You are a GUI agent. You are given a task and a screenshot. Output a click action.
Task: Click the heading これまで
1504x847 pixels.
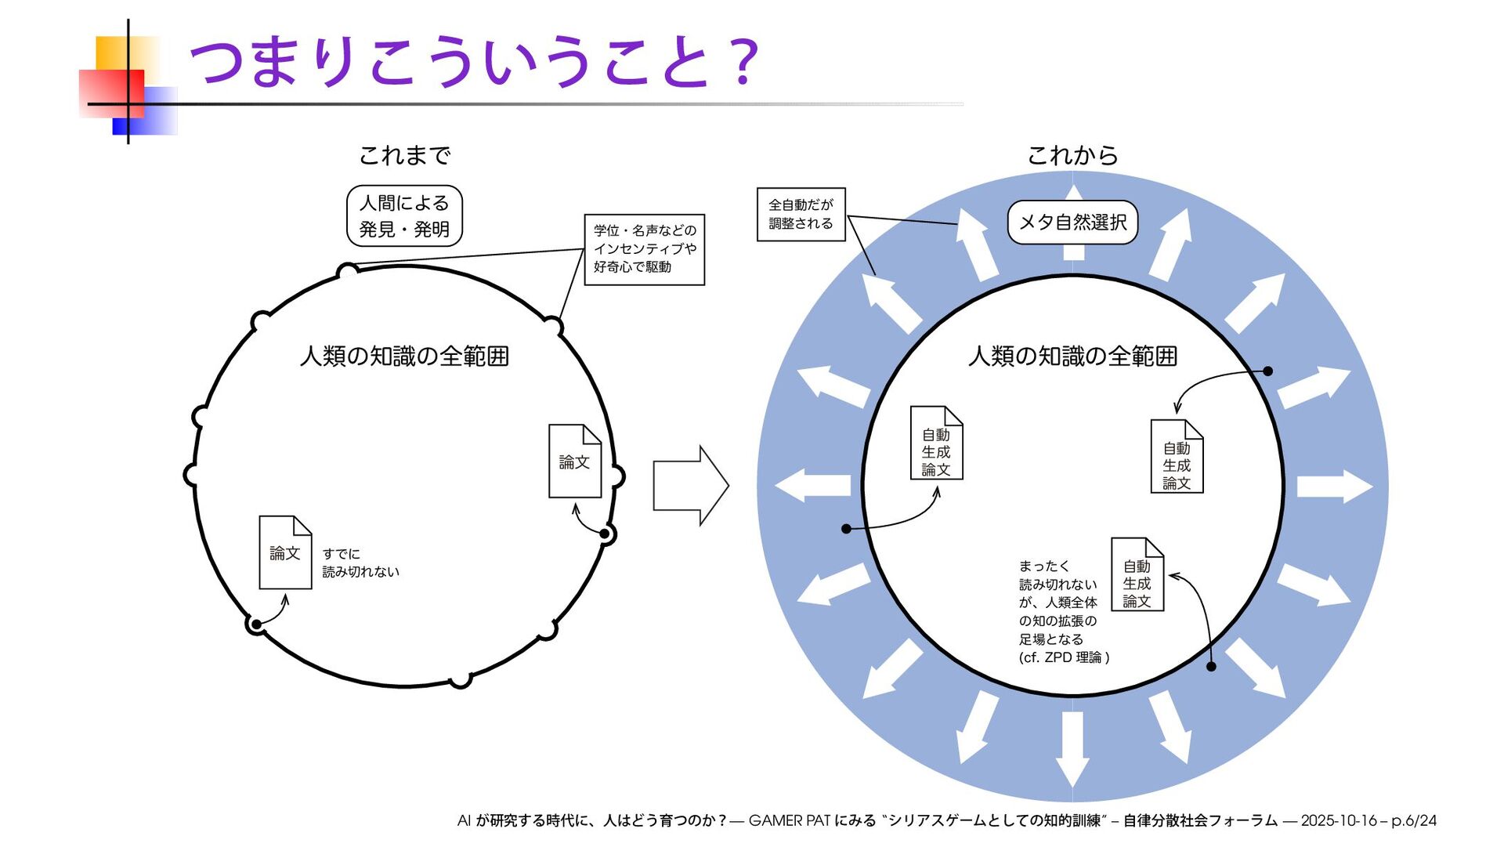pos(404,155)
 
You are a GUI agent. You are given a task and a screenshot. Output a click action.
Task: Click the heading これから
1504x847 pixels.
pos(1072,155)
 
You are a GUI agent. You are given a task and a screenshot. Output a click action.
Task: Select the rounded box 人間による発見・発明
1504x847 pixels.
pos(404,216)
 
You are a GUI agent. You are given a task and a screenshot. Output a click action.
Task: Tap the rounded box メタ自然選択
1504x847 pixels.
pos(1072,223)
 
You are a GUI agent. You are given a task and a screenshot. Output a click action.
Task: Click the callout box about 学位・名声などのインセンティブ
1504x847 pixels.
pos(644,249)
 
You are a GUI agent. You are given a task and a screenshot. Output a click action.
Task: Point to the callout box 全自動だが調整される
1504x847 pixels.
pos(801,214)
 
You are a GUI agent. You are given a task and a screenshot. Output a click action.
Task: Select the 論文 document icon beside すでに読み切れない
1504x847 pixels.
pos(285,552)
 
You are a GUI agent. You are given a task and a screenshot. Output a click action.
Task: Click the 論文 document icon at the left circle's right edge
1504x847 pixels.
pos(574,462)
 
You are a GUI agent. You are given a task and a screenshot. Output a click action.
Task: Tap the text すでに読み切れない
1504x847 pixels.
pos(360,563)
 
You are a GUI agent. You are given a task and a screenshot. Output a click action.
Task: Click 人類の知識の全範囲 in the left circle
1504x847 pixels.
pos(404,357)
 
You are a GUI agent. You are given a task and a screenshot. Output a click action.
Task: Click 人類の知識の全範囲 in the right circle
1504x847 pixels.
pos(1072,357)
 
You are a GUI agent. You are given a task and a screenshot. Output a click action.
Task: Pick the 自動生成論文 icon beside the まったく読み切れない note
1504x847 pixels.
pos(1137,575)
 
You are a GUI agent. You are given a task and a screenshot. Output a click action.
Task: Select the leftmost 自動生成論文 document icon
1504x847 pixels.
pos(936,443)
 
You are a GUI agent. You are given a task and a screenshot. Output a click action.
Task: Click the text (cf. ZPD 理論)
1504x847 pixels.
pos(1064,657)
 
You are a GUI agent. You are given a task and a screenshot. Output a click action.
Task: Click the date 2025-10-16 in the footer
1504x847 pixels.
pos(1338,820)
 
